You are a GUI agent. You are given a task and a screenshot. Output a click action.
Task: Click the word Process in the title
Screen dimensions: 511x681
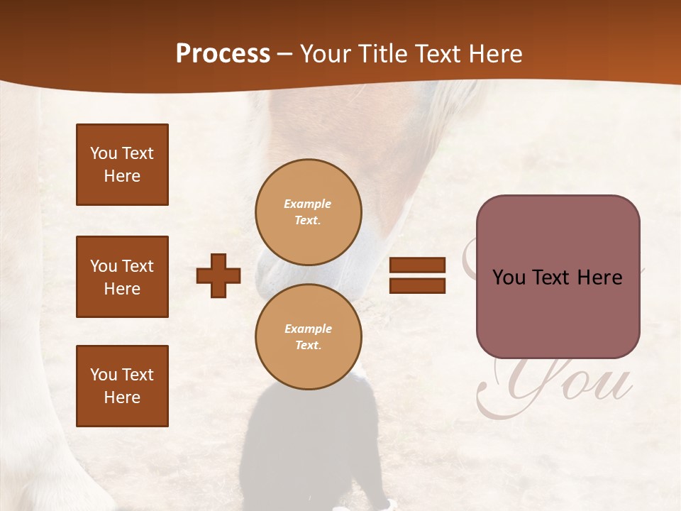click(223, 54)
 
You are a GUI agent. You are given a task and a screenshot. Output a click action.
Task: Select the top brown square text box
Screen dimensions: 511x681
click(122, 165)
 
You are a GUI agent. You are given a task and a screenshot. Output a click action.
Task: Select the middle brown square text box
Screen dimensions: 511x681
click(122, 277)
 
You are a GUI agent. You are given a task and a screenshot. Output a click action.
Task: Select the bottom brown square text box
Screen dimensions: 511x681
click(122, 386)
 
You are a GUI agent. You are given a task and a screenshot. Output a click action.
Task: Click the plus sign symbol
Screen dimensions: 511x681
click(218, 275)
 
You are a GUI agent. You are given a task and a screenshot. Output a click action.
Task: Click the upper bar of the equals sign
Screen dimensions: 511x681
click(417, 265)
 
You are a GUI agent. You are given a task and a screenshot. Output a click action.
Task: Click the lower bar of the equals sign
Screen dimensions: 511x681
click(417, 285)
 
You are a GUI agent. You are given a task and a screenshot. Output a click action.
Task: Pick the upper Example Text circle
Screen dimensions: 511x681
click(309, 212)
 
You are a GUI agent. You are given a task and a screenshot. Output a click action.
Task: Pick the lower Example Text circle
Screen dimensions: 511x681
click(309, 337)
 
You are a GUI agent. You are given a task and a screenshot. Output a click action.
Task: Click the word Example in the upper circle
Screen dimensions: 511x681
click(308, 204)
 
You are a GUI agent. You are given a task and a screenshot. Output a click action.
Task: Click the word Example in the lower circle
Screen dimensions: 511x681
click(308, 329)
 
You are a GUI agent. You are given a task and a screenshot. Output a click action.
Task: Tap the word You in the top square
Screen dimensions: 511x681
click(104, 153)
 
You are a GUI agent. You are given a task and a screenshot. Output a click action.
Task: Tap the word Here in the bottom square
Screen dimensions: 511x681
click(122, 397)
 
